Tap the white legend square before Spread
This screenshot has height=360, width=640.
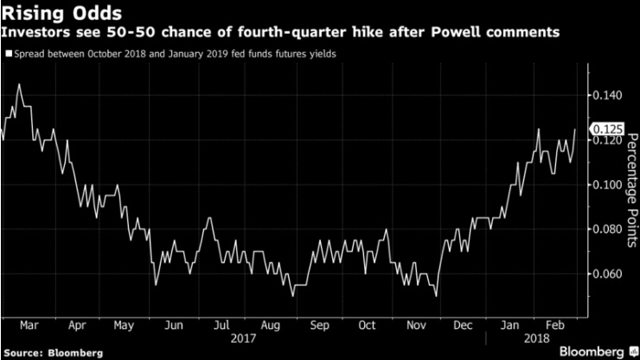8,54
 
